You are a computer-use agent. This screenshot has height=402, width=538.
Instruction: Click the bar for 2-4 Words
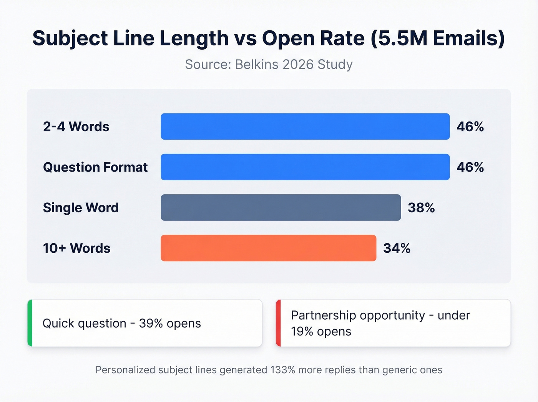tap(305, 127)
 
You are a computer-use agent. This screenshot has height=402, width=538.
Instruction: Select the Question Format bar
tap(305, 167)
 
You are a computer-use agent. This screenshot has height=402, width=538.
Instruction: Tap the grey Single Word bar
tap(281, 207)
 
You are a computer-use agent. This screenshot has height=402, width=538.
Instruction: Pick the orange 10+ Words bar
tap(268, 248)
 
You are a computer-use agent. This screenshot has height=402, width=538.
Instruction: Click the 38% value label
tap(421, 208)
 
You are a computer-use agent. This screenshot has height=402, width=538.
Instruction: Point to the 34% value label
tap(397, 248)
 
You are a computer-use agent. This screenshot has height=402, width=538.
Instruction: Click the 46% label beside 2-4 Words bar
tap(470, 127)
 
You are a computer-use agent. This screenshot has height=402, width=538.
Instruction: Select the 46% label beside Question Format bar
tap(470, 167)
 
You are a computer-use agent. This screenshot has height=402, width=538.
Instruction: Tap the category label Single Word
tap(81, 208)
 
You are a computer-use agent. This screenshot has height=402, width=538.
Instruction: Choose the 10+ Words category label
tap(76, 248)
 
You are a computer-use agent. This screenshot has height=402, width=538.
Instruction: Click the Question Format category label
tap(95, 167)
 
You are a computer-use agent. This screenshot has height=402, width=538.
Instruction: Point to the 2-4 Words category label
tap(76, 127)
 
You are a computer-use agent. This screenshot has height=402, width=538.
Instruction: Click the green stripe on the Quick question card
tap(30, 323)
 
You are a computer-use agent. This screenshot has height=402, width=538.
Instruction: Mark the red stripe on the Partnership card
tap(279, 323)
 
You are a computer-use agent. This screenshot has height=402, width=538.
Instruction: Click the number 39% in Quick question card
tap(151, 323)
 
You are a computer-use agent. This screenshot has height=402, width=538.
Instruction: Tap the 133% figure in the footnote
tap(282, 370)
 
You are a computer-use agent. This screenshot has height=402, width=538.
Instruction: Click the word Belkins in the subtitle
tap(257, 64)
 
